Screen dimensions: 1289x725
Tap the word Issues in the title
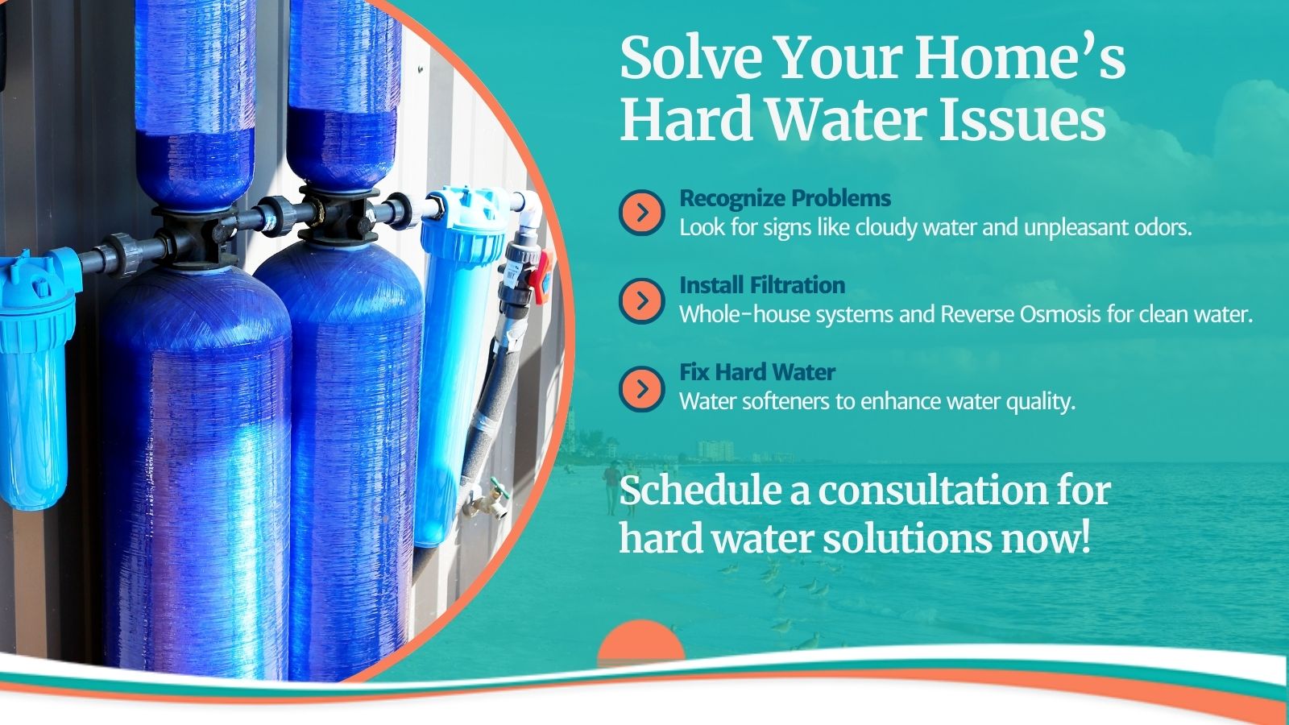pyautogui.click(x=1022, y=120)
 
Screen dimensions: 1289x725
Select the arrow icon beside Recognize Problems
pyautogui.click(x=641, y=213)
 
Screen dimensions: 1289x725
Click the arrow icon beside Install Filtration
pyautogui.click(x=641, y=300)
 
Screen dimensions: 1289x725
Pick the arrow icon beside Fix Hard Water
pyautogui.click(x=641, y=389)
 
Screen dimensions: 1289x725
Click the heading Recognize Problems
pyautogui.click(x=785, y=198)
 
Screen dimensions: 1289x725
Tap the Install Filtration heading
pyautogui.click(x=762, y=285)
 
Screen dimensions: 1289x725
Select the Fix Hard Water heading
pyautogui.click(x=757, y=371)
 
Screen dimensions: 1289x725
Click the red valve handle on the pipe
pyautogui.click(x=541, y=277)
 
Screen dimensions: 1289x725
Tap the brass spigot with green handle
pyautogui.click(x=489, y=499)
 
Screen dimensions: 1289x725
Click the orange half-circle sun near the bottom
pyautogui.click(x=641, y=640)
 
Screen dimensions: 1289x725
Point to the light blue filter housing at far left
pyautogui.click(x=35, y=379)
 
